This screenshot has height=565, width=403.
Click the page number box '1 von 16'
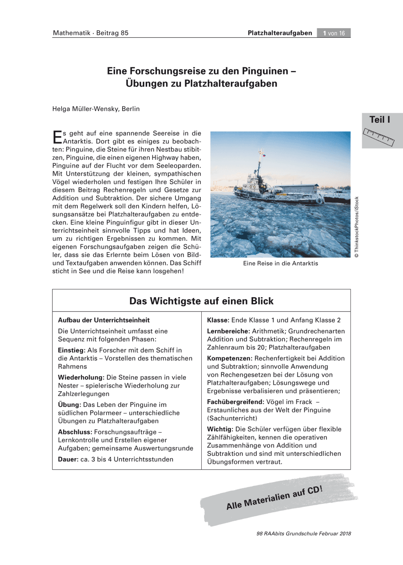point(334,33)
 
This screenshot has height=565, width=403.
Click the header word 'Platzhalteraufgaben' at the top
point(280,33)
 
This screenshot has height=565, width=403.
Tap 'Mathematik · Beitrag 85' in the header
point(90,33)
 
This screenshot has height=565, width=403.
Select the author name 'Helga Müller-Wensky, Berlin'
point(96,109)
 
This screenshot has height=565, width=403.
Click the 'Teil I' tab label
point(380,120)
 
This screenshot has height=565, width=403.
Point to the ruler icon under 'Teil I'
point(379,137)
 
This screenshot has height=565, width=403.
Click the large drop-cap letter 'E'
point(57,136)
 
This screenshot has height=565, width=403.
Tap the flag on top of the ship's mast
point(261,153)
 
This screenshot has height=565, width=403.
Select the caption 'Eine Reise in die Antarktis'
point(280,263)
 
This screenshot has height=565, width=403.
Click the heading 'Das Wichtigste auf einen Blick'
point(201,301)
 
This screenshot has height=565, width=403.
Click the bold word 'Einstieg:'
point(71,350)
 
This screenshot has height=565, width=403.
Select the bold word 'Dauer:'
point(67,459)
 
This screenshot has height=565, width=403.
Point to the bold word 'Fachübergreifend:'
point(235,402)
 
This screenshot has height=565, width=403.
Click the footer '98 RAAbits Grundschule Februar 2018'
point(304,533)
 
